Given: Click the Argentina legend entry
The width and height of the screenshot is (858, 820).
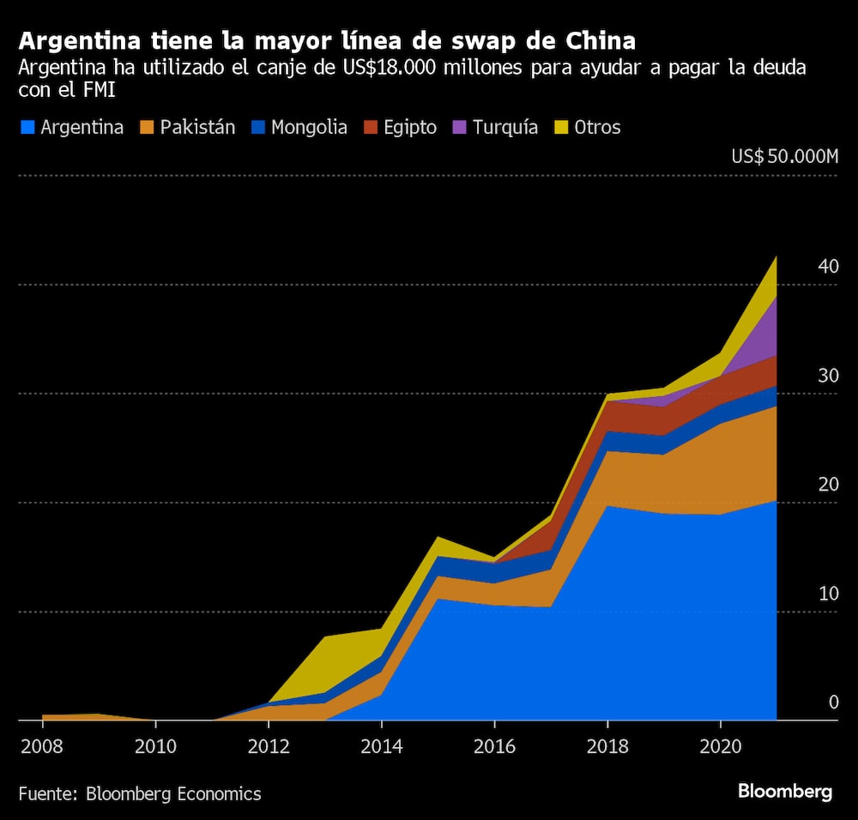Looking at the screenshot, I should tap(72, 128).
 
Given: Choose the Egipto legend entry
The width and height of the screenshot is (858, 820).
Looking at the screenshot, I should tap(400, 128).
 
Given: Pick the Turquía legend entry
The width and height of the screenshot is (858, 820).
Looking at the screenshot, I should tap(497, 128).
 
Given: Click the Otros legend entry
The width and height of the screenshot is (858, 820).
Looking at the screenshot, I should tap(587, 128).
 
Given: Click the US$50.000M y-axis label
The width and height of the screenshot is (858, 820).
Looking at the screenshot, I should tap(784, 157).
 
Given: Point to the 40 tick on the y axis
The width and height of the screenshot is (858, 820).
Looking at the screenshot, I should tap(828, 267).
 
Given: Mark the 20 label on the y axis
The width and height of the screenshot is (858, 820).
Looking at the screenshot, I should tap(828, 485).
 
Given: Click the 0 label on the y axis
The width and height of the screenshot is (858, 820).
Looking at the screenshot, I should tap(833, 702).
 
